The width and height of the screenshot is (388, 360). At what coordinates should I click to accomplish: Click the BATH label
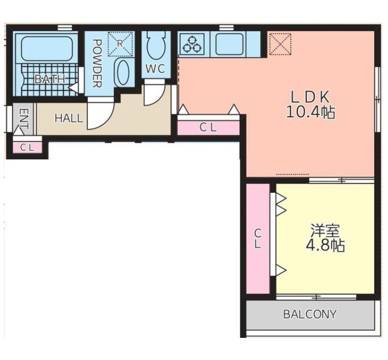50,79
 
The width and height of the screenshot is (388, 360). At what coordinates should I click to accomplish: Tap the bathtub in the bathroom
47,49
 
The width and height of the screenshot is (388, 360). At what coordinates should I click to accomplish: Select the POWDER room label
97,64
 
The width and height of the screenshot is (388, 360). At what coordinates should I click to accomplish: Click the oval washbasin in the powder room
123,73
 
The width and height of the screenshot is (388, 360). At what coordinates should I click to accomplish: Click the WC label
155,69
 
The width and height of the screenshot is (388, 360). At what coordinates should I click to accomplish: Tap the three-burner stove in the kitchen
192,45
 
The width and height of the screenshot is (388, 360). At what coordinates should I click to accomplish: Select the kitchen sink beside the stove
229,44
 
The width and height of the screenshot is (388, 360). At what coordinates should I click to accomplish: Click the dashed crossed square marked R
120,44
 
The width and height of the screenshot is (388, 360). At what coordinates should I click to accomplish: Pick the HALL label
69,118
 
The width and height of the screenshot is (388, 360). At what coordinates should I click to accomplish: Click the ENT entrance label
24,119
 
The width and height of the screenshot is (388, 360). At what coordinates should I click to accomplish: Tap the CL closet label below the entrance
27,148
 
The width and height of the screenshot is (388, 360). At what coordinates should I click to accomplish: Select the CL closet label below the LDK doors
208,128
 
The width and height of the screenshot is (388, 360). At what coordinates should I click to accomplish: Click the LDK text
311,97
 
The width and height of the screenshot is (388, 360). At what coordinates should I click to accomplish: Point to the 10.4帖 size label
311,112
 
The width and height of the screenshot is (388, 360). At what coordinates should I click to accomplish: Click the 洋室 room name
325,231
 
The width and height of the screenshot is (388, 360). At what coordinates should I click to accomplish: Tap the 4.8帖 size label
325,246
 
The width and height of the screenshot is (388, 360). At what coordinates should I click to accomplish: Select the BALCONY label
310,314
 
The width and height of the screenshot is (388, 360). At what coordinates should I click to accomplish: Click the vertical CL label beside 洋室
258,239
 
